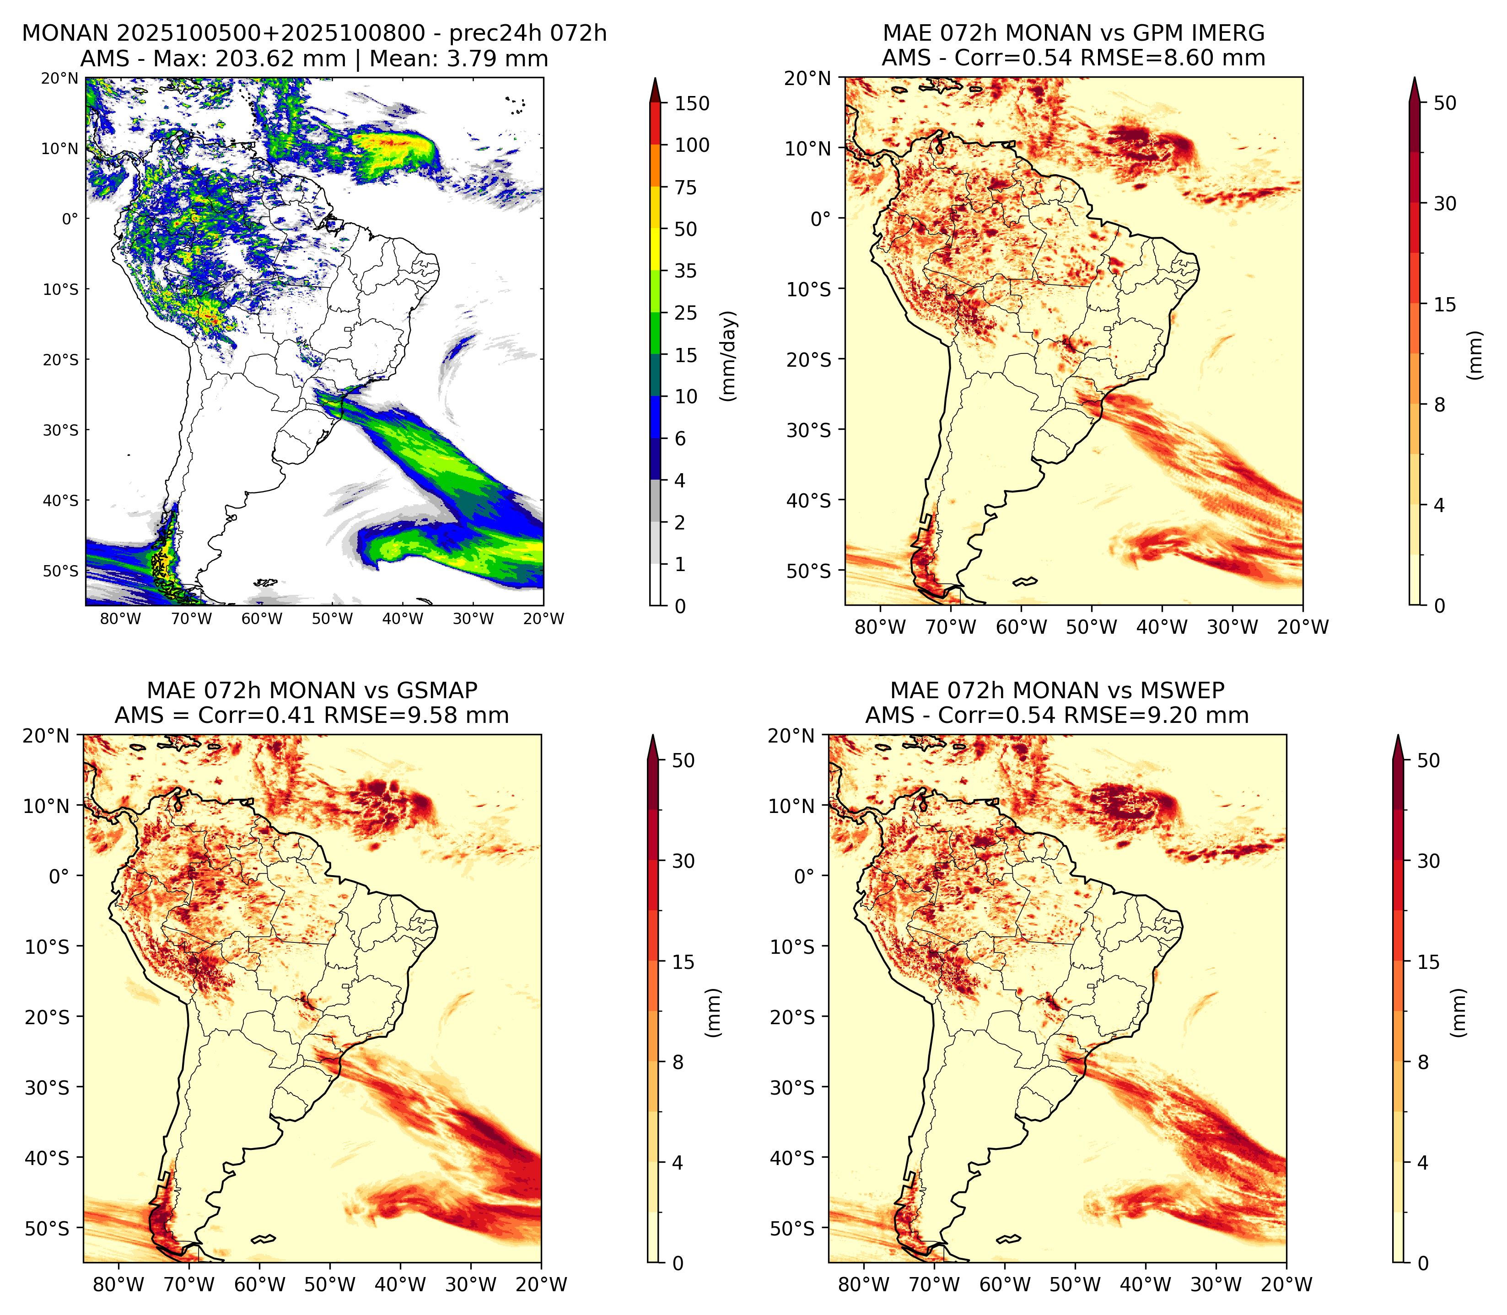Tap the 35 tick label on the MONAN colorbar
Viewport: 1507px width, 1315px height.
(x=686, y=271)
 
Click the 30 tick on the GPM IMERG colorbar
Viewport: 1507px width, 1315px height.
(x=1445, y=203)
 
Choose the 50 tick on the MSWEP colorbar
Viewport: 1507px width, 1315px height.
(x=1428, y=760)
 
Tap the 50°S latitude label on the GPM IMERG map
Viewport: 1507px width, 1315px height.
(x=810, y=571)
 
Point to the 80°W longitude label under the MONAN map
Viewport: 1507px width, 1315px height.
(x=120, y=619)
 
